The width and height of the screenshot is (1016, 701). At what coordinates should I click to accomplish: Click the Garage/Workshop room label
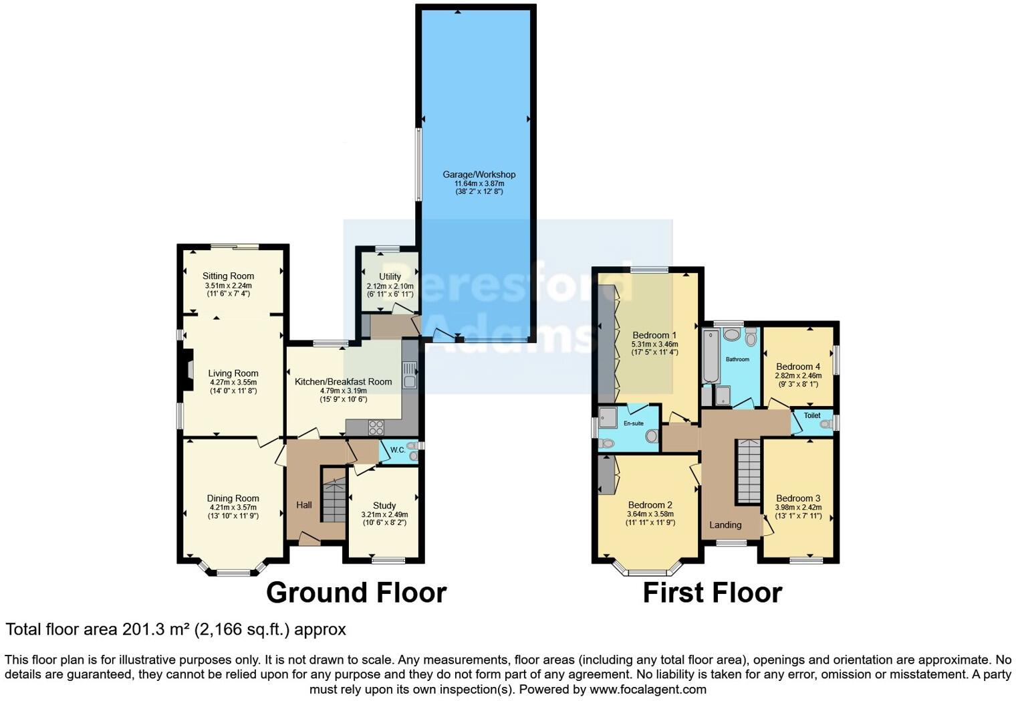479,175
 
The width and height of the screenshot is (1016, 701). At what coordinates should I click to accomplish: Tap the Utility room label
390,276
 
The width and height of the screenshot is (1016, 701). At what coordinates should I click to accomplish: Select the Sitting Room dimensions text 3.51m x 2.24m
228,286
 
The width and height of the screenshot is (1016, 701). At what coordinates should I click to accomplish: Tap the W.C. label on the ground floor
398,450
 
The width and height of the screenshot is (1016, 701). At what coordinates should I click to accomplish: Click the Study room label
384,506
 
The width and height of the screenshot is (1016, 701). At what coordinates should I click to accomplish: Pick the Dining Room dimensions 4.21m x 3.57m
233,508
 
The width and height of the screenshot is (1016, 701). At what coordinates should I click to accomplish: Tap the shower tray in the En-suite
608,417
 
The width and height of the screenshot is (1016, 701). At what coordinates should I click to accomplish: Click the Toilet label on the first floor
811,415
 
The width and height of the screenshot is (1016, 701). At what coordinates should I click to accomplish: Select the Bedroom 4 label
798,367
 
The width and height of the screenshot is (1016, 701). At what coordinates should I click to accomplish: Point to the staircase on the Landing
749,472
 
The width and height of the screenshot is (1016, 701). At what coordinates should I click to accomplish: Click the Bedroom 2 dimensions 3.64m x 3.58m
650,514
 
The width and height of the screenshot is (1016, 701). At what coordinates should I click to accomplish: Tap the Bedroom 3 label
798,498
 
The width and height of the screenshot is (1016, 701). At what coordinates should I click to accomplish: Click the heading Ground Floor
356,593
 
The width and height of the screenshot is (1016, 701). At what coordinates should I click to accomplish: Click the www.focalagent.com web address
648,689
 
